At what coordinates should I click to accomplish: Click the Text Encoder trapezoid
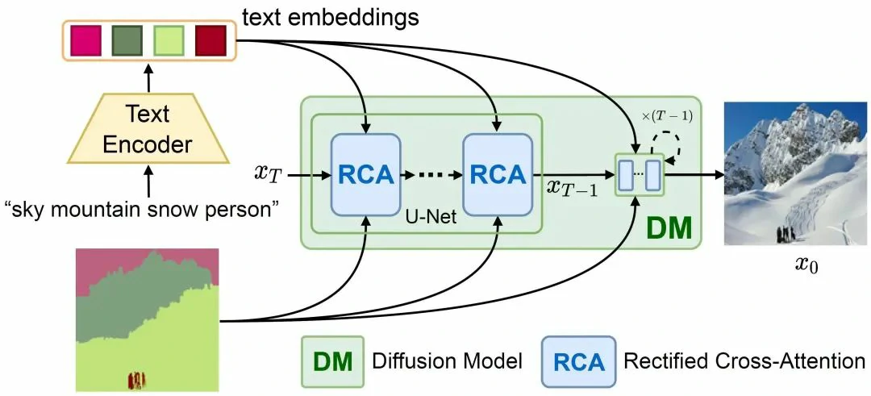click(x=148, y=131)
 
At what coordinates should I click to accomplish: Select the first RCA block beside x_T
click(x=366, y=173)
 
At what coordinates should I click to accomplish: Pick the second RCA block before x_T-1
click(x=497, y=173)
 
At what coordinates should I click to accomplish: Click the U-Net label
click(x=431, y=219)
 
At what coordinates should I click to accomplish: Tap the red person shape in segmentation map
click(x=137, y=379)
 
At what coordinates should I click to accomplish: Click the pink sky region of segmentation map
click(x=105, y=262)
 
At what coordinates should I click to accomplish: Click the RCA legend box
click(x=579, y=361)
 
